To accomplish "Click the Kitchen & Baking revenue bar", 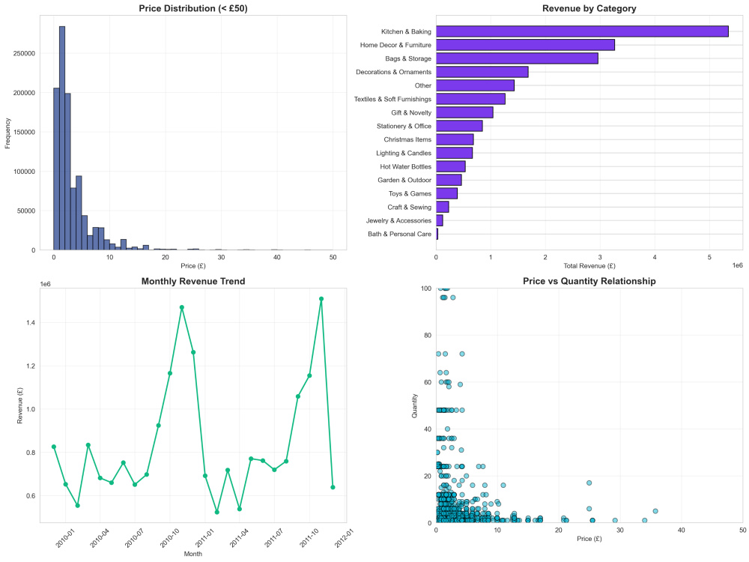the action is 582,31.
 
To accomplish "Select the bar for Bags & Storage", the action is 517,58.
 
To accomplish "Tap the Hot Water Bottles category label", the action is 405,167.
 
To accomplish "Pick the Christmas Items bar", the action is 455,139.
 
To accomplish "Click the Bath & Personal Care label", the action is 399,234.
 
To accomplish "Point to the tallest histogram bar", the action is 62,138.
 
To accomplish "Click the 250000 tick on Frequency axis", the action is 25,53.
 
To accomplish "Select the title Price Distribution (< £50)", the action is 193,8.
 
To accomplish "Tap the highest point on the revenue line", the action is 321,299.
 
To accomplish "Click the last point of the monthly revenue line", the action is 333,488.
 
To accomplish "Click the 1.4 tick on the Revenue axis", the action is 30,322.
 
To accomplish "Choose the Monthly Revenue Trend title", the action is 193,282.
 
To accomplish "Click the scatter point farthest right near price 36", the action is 655,511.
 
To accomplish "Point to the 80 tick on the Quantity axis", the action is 427,336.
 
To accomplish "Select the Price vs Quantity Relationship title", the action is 589,282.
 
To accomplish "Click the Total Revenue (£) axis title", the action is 589,266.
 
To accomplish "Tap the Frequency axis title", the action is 7,133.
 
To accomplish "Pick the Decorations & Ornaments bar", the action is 482,72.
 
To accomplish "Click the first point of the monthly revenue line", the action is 54,447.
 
